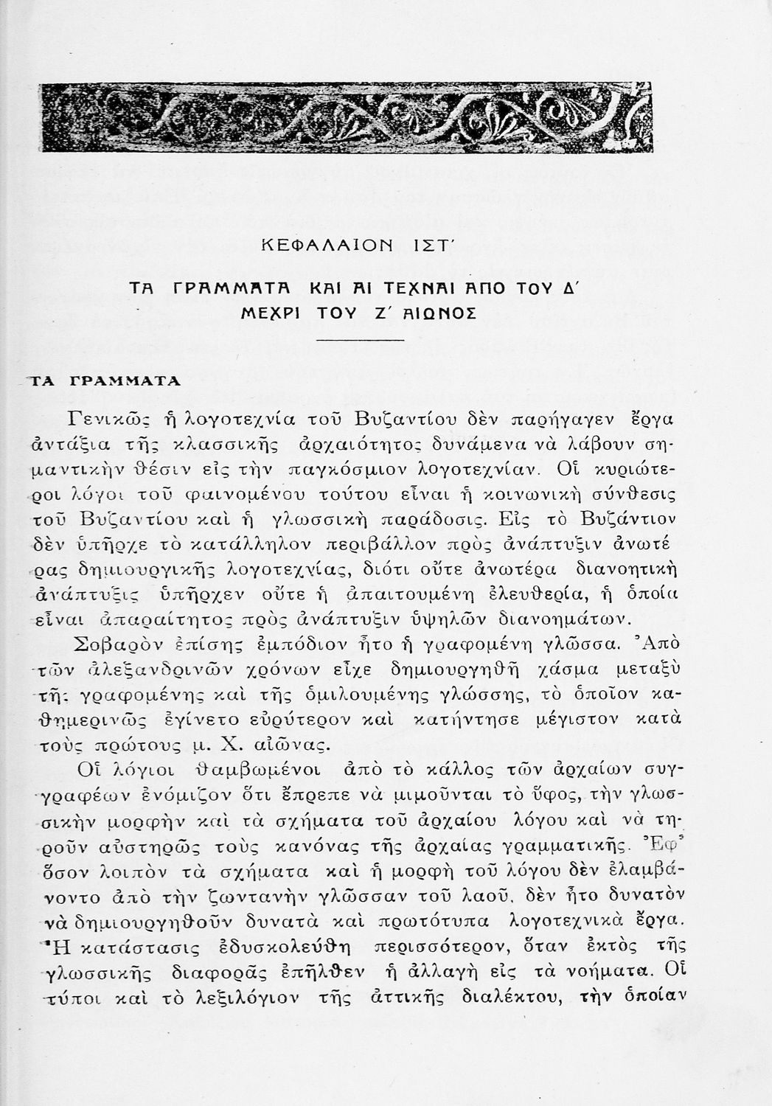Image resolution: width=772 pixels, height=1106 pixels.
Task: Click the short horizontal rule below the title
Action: click(361, 340)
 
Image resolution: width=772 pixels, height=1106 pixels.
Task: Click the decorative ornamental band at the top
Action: click(347, 116)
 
